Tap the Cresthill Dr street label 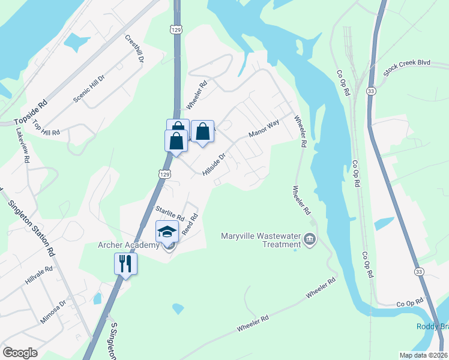[x=134, y=49]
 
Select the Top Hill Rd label [x=47, y=127]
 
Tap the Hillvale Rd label [x=40, y=275]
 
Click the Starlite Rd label [x=169, y=212]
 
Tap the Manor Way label [x=264, y=128]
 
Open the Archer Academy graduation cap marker [x=167, y=232]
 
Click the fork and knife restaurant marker [x=126, y=263]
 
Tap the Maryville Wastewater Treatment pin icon [x=310, y=240]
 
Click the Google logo [x=20, y=353]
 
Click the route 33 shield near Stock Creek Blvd [x=372, y=91]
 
